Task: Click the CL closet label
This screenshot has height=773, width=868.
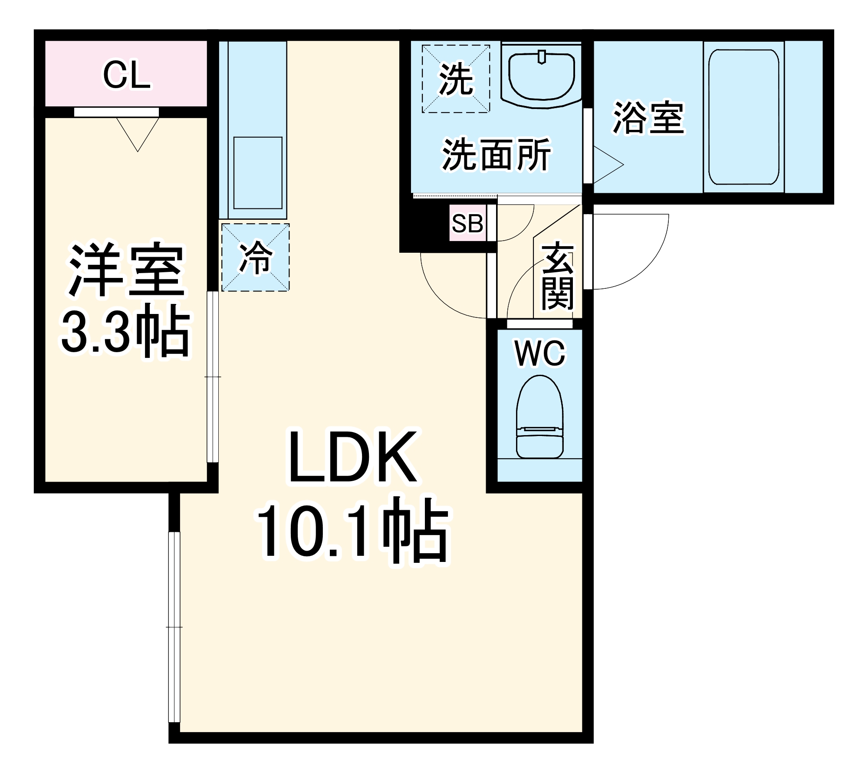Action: click(127, 75)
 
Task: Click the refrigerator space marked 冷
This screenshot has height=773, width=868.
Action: click(256, 258)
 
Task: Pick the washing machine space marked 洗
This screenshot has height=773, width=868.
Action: click(456, 79)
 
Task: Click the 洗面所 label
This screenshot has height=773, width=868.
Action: click(496, 155)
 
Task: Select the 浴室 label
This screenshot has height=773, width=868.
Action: click(648, 118)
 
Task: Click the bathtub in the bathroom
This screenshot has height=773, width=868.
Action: click(743, 117)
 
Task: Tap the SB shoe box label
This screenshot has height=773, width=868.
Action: click(467, 224)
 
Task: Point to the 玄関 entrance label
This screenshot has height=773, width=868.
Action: click(558, 277)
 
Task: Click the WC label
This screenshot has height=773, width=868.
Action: click(540, 353)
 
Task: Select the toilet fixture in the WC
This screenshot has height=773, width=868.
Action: click(539, 417)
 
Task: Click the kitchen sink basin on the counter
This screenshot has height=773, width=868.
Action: click(258, 173)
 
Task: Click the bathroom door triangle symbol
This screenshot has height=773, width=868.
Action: click(608, 165)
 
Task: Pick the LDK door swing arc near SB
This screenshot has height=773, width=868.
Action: click(438, 295)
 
